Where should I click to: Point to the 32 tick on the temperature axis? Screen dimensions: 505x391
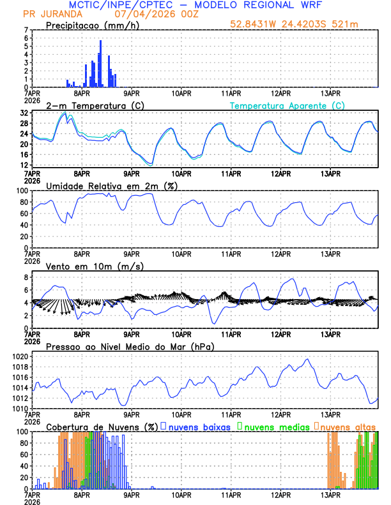24,113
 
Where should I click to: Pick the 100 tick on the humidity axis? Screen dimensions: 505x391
21,191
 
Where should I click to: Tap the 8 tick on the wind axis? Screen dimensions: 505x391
26,277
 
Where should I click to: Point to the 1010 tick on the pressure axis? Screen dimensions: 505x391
19,408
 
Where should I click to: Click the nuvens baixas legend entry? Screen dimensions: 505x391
198,426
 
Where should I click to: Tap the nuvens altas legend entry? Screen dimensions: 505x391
346,426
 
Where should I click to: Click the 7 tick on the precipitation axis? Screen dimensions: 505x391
26,30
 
